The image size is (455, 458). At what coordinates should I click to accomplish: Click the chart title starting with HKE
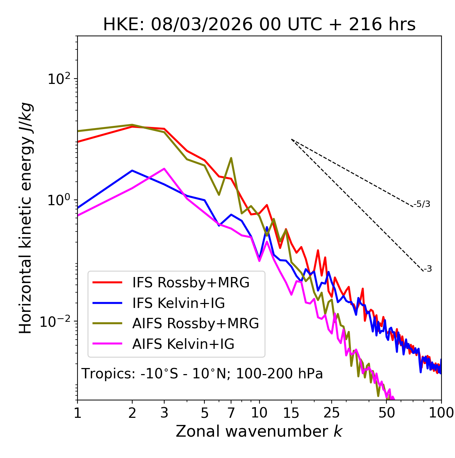(x=259, y=25)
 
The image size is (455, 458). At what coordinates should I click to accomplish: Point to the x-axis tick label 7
(x=231, y=413)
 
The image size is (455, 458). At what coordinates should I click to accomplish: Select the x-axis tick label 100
(x=441, y=413)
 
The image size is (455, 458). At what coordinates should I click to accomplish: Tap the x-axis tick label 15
(x=291, y=413)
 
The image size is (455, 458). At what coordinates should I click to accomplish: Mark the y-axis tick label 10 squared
(x=59, y=79)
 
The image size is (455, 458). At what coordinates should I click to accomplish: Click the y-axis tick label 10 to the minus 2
(x=57, y=321)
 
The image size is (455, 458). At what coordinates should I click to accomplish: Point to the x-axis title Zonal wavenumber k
(x=259, y=431)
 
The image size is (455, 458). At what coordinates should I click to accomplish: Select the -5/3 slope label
(x=422, y=204)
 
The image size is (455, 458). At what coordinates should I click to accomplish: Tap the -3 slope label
(x=428, y=269)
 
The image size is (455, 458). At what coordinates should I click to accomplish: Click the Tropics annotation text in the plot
(x=202, y=374)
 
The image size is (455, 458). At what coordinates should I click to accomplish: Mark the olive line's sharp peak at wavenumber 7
(x=231, y=158)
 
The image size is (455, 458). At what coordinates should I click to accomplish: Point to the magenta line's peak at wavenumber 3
(x=164, y=169)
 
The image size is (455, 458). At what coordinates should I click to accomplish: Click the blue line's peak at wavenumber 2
(x=132, y=171)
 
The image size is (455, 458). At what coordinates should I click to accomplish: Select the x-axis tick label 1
(x=77, y=413)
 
